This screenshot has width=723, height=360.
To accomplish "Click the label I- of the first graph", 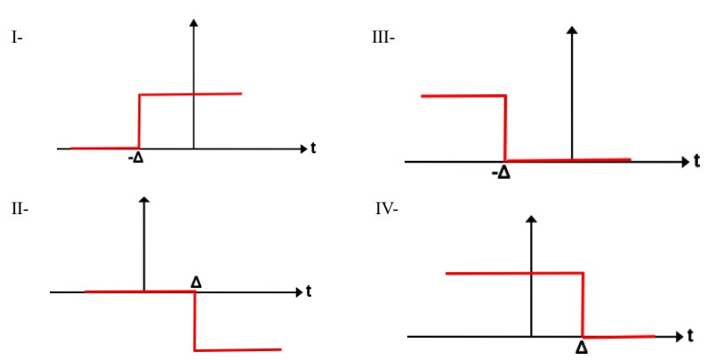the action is pyautogui.click(x=17, y=38).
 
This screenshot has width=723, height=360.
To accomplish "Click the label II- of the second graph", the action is pyautogui.click(x=20, y=209).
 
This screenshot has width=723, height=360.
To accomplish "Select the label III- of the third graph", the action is pyautogui.click(x=383, y=38).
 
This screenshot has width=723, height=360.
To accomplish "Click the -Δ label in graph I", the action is pyautogui.click(x=136, y=159).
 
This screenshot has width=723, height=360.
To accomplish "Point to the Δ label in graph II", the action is pyautogui.click(x=196, y=282).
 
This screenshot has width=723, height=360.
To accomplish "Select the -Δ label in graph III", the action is pyautogui.click(x=502, y=173).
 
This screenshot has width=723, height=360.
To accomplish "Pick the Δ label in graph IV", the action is pyautogui.click(x=582, y=348).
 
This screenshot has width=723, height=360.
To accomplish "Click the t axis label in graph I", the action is pyautogui.click(x=314, y=148).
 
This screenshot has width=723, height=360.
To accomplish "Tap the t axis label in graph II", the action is pyautogui.click(x=309, y=292).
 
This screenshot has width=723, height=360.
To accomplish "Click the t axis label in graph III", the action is pyautogui.click(x=696, y=161).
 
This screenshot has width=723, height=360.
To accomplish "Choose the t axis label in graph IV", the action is pyautogui.click(x=690, y=337).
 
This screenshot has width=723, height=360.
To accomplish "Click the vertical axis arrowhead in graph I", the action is pyautogui.click(x=194, y=22).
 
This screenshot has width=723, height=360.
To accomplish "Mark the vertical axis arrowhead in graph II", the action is pyautogui.click(x=144, y=200).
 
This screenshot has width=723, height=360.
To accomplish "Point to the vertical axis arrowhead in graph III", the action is pyautogui.click(x=572, y=30).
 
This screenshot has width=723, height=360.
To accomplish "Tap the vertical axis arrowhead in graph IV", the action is pyautogui.click(x=532, y=219).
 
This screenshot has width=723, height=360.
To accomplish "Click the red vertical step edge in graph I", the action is pyautogui.click(x=140, y=121).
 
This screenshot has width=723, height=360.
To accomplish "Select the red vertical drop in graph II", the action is pyautogui.click(x=195, y=321).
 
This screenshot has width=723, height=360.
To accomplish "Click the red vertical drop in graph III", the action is pyautogui.click(x=506, y=128).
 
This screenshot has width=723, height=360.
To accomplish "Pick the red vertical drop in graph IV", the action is pyautogui.click(x=583, y=305).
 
